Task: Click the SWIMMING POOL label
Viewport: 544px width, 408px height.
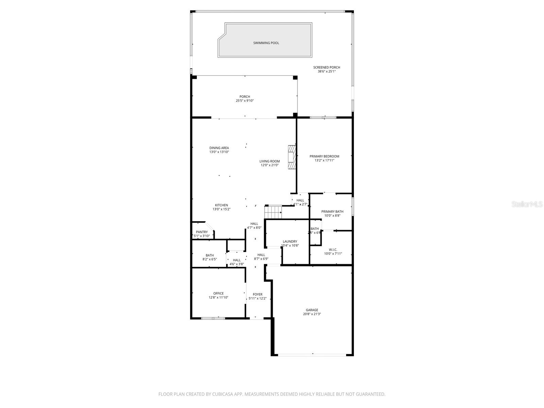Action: pyautogui.click(x=266, y=43)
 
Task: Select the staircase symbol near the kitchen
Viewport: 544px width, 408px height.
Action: pyautogui.click(x=274, y=212)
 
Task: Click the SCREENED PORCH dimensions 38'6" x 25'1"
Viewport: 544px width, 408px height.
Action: pyautogui.click(x=326, y=72)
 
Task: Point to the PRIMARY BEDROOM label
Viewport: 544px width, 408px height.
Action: pyautogui.click(x=324, y=156)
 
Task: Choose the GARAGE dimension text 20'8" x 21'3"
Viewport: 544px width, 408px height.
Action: pyautogui.click(x=312, y=314)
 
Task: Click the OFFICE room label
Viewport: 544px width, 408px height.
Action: pyautogui.click(x=218, y=293)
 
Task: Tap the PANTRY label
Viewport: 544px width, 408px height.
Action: pyautogui.click(x=202, y=232)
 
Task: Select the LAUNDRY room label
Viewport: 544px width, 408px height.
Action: pyautogui.click(x=290, y=241)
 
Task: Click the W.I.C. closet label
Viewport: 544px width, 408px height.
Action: pyautogui.click(x=333, y=250)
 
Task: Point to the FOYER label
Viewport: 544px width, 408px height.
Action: pyautogui.click(x=257, y=294)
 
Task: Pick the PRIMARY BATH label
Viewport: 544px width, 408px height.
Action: pyautogui.click(x=332, y=211)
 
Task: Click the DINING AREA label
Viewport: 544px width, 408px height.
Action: pyautogui.click(x=219, y=148)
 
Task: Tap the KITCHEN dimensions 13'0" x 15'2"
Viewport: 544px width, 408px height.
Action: pyautogui.click(x=221, y=209)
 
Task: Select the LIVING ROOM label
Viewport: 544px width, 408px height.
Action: pyautogui.click(x=269, y=161)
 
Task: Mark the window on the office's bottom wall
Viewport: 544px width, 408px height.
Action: pyautogui.click(x=213, y=318)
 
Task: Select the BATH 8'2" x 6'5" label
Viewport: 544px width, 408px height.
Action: pyautogui.click(x=209, y=255)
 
